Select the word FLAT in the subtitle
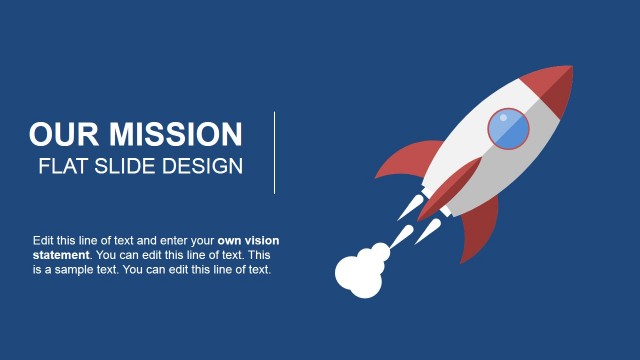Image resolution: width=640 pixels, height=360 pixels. point(62,166)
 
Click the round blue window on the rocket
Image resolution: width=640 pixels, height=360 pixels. point(509,129)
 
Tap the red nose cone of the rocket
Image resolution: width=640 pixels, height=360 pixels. point(556,84)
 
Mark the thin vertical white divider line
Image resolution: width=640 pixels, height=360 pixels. point(274,153)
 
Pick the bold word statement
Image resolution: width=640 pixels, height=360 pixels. point(60,255)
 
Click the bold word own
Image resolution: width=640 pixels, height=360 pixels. point(230,241)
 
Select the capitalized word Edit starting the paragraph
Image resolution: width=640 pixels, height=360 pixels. point(43,241)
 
